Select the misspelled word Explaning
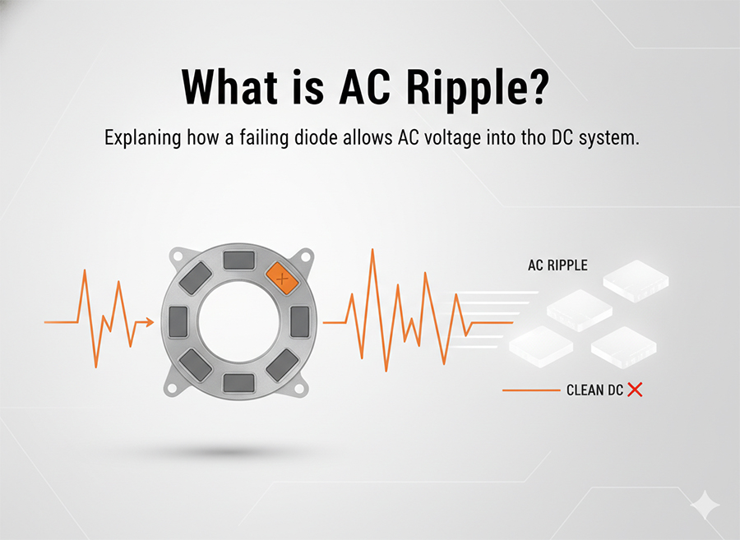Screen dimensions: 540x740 (141, 138)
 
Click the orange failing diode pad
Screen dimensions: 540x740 (281, 279)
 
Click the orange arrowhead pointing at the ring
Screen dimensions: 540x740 (149, 322)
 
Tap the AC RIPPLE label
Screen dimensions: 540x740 (557, 266)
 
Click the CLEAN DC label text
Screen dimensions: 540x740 (594, 390)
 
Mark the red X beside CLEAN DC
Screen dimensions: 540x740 (635, 390)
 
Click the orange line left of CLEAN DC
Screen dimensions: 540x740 (530, 390)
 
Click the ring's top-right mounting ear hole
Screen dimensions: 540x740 (306, 256)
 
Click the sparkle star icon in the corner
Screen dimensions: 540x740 (705, 504)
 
